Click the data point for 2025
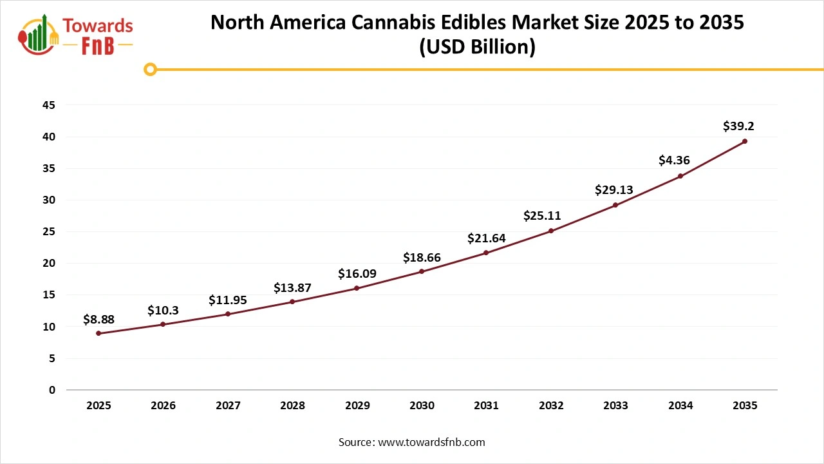click(98, 333)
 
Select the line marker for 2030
click(422, 271)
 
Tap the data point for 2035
click(745, 141)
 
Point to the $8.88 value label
click(98, 319)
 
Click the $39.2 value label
click(738, 126)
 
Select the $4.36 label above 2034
click(674, 160)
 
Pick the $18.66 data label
click(422, 258)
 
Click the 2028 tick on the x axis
click(292, 405)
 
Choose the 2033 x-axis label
click(615, 405)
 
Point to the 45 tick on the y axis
click(48, 105)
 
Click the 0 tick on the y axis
click(52, 390)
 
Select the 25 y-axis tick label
click(48, 231)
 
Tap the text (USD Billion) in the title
click(477, 48)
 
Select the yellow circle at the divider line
click(150, 69)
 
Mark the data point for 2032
click(551, 231)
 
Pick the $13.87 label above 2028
click(292, 287)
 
